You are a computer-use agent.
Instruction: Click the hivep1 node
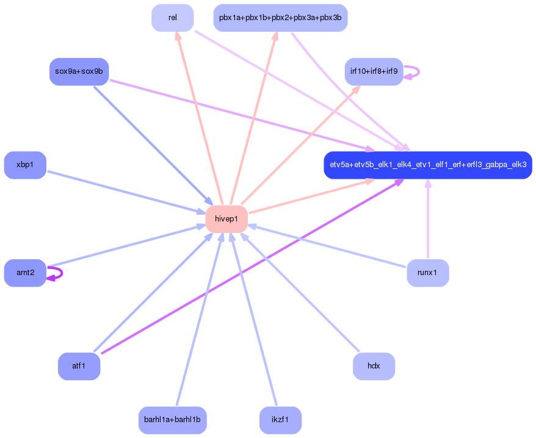226,219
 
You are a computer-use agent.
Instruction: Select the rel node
173,18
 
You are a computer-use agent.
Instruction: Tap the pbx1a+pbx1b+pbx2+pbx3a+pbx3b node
280,18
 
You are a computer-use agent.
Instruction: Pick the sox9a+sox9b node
79,71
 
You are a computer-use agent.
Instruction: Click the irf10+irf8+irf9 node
374,71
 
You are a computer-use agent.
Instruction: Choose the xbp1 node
25,165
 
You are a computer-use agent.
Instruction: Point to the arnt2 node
25,273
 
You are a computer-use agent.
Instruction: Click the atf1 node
79,366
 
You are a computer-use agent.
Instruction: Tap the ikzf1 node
280,420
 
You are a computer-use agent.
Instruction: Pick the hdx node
374,366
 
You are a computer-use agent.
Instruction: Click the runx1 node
427,273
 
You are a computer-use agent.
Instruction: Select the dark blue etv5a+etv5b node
427,165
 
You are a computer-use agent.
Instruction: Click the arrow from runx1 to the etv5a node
428,220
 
